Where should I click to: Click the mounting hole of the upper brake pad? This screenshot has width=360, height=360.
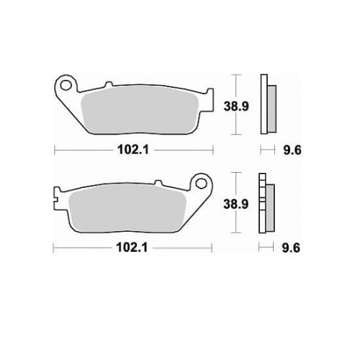[x=66, y=86]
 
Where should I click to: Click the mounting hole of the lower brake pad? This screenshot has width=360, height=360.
[x=201, y=184]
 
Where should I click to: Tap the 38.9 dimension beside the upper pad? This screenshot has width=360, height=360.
[x=236, y=106]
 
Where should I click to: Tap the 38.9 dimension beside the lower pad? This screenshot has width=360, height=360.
[x=235, y=204]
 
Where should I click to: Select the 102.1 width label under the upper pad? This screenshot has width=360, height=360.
[x=133, y=150]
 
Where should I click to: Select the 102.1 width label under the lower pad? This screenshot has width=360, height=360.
[x=132, y=248]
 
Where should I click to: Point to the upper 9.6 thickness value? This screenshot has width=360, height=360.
[x=292, y=150]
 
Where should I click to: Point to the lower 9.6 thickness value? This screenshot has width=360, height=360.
[x=291, y=248]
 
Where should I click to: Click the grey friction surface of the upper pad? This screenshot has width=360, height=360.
[x=140, y=109]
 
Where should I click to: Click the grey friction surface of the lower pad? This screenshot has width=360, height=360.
[x=127, y=208]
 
